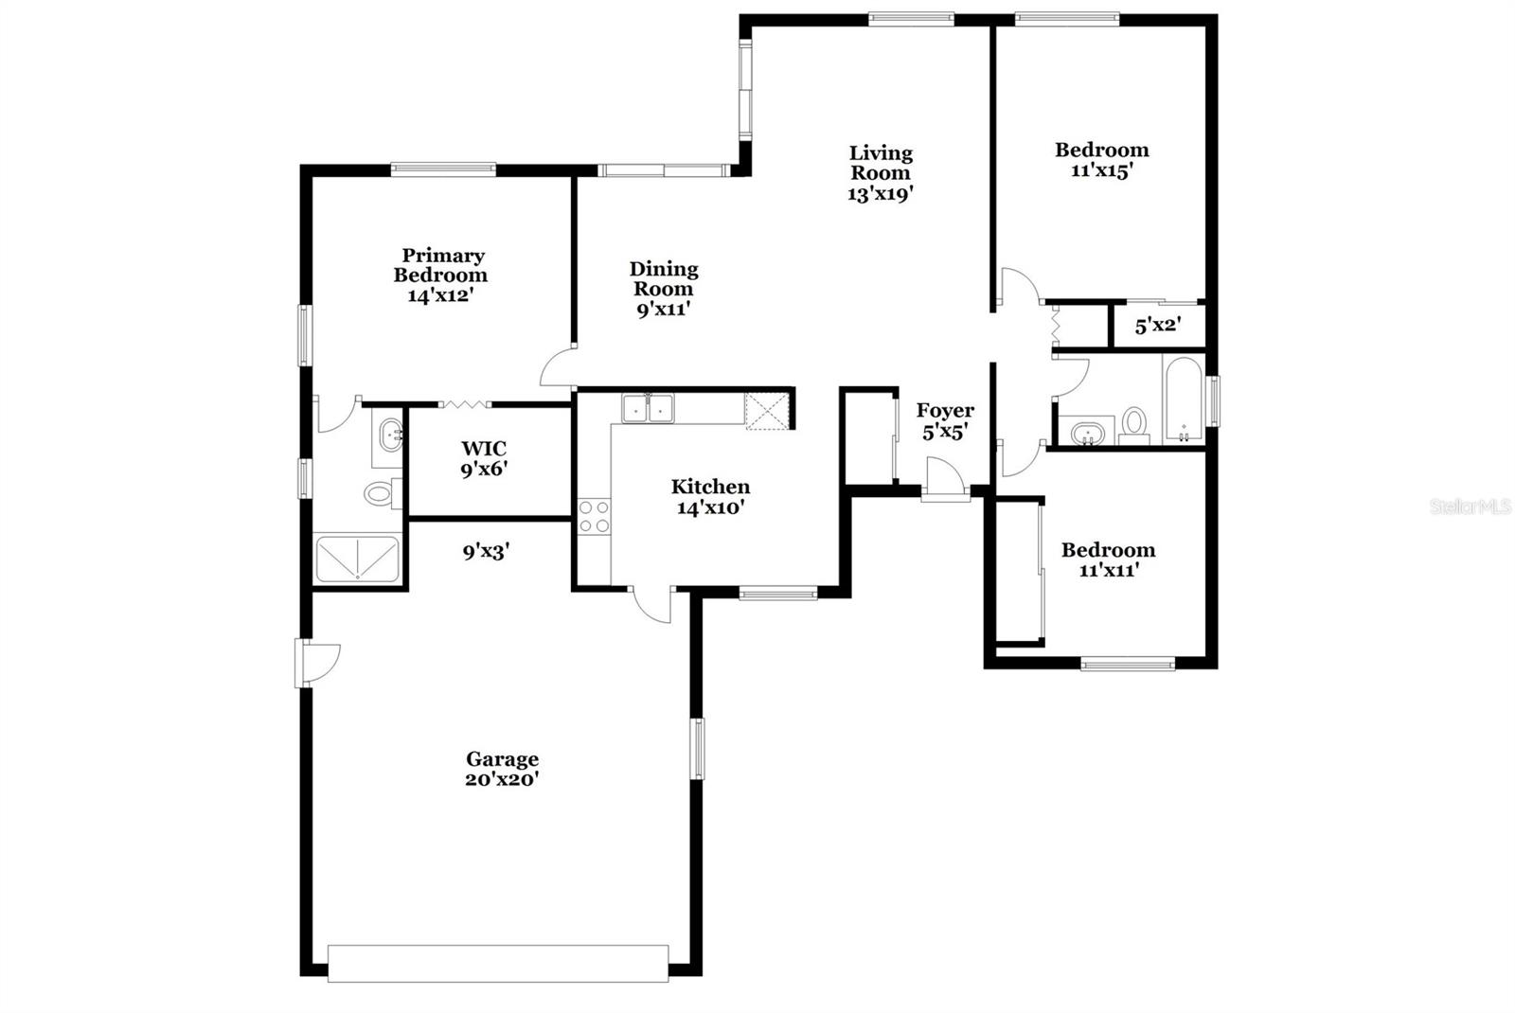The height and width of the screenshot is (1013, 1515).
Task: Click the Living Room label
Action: (881, 163)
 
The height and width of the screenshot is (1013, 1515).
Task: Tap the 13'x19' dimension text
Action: (881, 193)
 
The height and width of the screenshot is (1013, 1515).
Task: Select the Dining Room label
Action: (664, 279)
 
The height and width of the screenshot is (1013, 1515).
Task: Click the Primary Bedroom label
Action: (441, 265)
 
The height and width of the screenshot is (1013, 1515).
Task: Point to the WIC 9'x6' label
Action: (484, 458)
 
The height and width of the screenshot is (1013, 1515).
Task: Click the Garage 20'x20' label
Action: (502, 769)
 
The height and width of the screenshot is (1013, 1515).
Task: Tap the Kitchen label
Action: (710, 487)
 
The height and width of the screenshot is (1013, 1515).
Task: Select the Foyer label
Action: (945, 410)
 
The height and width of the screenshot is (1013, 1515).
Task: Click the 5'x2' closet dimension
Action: (1157, 326)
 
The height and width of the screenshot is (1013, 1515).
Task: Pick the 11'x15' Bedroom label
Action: (1102, 160)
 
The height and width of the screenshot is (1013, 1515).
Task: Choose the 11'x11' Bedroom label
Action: (1108, 560)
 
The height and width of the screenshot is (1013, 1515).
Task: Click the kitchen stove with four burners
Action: (594, 516)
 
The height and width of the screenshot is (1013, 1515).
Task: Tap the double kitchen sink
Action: (648, 408)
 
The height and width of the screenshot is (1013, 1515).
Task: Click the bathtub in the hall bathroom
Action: (1184, 400)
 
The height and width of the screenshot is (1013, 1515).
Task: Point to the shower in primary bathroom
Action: (357, 559)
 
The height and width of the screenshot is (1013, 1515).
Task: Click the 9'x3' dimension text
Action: (487, 550)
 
